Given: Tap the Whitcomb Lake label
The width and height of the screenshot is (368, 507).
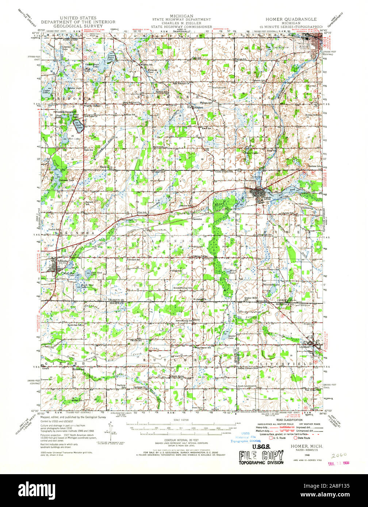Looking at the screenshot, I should tap(271, 285).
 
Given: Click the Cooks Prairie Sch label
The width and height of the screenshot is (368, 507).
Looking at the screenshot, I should tap(223, 171).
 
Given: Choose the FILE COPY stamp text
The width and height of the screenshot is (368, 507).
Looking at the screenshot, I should tap(261, 456).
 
